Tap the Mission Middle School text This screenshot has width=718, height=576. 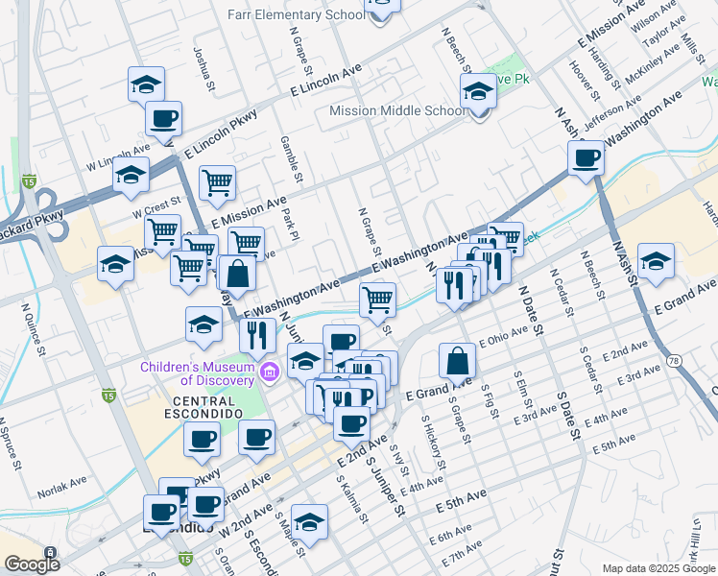pyautogui.click(x=396, y=110)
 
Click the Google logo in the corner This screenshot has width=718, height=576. pyautogui.click(x=32, y=564)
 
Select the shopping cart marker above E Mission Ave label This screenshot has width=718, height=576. pyautogui.click(x=219, y=181)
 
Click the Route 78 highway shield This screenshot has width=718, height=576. pyautogui.click(x=677, y=361)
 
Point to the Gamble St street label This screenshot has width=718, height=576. pyautogui.click(x=290, y=157)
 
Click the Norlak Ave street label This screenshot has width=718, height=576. pyautogui.click(x=62, y=496)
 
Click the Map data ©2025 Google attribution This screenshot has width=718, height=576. pyautogui.click(x=658, y=568)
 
